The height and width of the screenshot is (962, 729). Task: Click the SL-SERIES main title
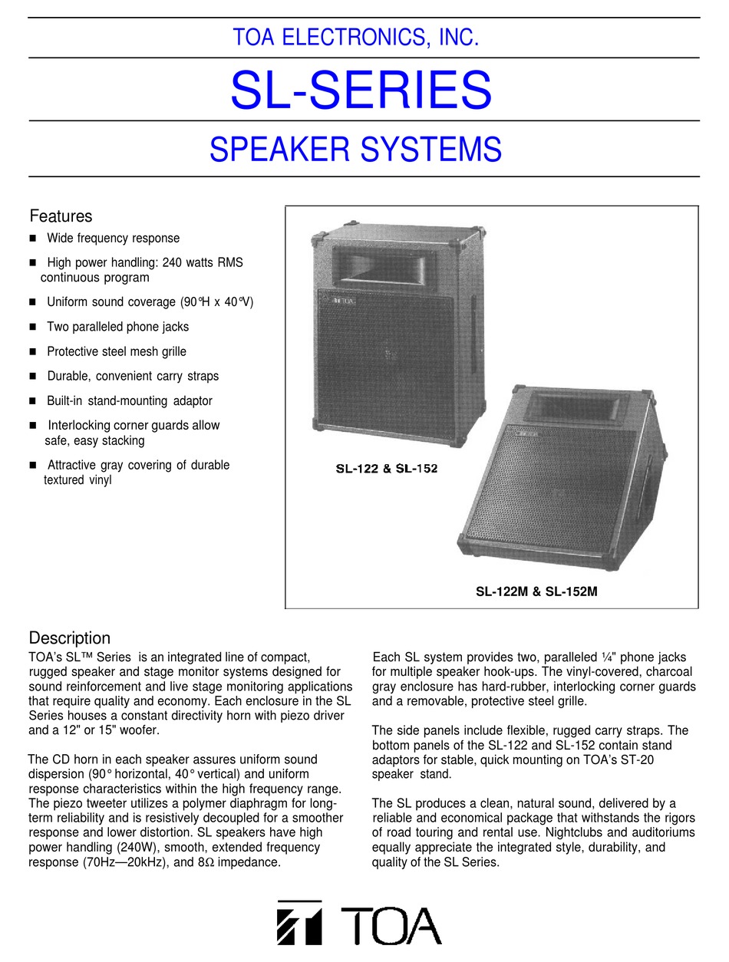361,91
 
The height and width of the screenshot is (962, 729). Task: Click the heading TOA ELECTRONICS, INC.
357,37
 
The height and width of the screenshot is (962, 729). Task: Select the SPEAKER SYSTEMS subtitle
355,149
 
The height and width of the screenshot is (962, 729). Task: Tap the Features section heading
61,216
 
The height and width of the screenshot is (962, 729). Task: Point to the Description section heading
69,638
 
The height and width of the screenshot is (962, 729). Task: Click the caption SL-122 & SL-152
386,468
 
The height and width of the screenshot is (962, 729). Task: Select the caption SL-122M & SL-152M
536,591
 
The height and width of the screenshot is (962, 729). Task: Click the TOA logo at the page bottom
359,926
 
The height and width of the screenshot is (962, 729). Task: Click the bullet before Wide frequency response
33,239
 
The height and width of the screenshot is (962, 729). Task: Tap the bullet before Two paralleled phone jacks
33,328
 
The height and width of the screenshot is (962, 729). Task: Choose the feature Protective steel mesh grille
117,351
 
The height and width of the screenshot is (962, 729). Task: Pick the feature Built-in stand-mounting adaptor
130,400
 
